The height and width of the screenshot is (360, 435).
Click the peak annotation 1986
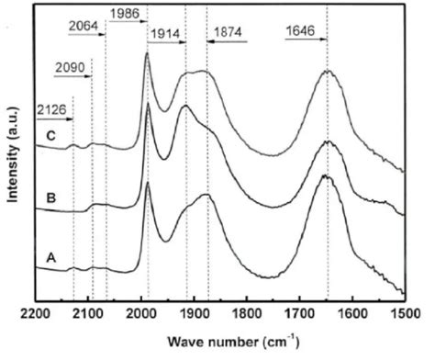(x=125, y=13)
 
